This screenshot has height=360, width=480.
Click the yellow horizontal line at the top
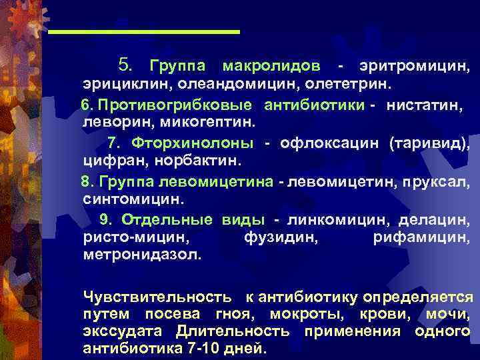144,32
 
